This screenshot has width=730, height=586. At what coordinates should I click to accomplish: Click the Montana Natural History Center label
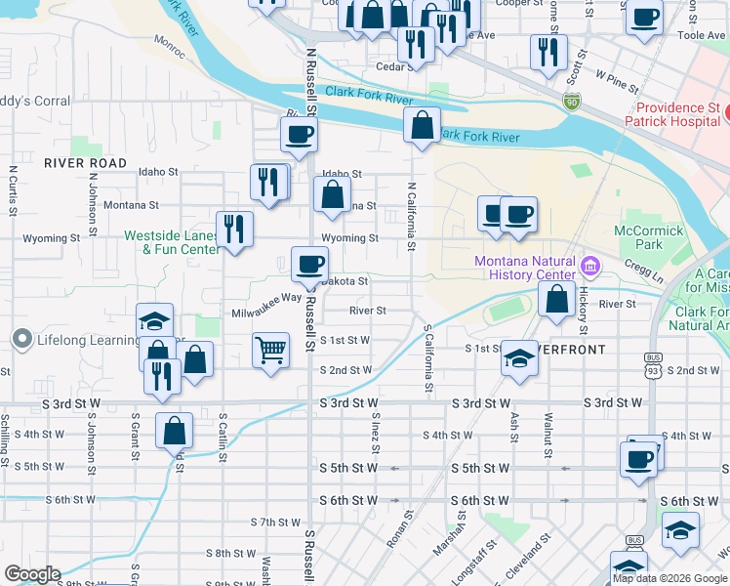click(x=523, y=268)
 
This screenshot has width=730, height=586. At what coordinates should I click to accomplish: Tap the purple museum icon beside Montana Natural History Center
click(x=589, y=266)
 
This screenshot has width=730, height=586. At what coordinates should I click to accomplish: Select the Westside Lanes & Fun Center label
click(x=172, y=242)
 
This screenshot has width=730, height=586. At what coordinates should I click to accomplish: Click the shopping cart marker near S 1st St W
click(x=270, y=350)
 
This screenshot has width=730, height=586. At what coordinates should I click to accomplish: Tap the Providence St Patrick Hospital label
click(x=678, y=115)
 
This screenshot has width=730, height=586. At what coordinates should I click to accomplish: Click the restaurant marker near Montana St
click(x=268, y=181)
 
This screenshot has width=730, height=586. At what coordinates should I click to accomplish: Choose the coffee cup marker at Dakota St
click(x=309, y=264)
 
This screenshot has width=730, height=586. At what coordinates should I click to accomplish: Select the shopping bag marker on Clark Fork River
click(x=421, y=125)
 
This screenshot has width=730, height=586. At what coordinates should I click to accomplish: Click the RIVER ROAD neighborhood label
click(x=85, y=163)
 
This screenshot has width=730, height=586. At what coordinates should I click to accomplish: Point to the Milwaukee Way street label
click(x=266, y=307)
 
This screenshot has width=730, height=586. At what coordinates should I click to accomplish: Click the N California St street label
click(x=412, y=215)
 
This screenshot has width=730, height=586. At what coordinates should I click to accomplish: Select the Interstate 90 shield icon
click(x=570, y=101)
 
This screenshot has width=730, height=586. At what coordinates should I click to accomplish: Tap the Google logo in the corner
click(x=31, y=574)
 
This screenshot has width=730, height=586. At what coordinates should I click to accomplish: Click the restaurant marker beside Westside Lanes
click(x=234, y=229)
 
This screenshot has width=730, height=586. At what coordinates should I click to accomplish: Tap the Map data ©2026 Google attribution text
click(x=670, y=577)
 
